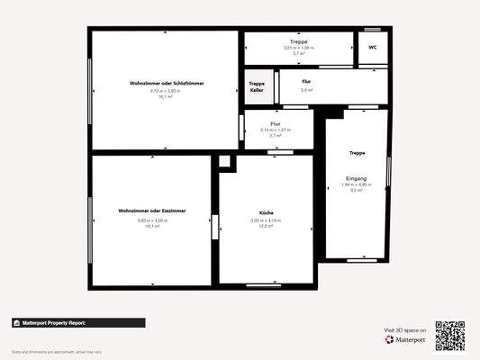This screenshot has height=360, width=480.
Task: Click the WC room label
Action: coord(371,48)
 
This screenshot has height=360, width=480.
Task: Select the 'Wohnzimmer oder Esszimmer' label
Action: coord(151,210)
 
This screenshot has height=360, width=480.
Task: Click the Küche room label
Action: coord(266,213)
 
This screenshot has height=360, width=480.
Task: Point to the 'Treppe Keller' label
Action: coord(257,86)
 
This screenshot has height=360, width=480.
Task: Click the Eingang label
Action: coord(357,179)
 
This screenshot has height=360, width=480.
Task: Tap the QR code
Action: coord(449,335)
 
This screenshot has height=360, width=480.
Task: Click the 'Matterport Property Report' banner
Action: coord(77,322)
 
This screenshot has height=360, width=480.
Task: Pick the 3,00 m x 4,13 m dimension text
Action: coord(266,220)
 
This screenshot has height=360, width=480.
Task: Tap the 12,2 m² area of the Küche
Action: coord(266,226)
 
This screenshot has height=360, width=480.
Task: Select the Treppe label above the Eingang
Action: coord(357,153)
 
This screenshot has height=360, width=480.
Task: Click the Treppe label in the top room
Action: coord(298,41)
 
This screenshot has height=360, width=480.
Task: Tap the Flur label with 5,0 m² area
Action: coord(307,82)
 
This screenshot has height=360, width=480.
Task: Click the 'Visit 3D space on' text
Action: coord(403,330)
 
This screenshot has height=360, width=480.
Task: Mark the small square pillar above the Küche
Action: coord(224,162)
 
